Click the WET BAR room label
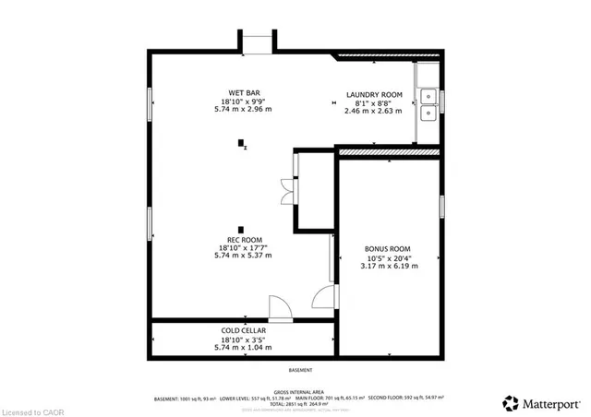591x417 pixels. pos(243,92)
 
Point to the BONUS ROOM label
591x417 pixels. pos(387,249)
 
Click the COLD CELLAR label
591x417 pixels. pos(242,329)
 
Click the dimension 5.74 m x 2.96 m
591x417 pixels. pos(243,109)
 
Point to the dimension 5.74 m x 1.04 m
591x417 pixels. pos(242,346)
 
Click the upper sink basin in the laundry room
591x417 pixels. pos(428,94)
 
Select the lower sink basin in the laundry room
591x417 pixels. pos(428,114)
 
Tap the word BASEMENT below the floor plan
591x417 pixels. pos(300,369)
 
